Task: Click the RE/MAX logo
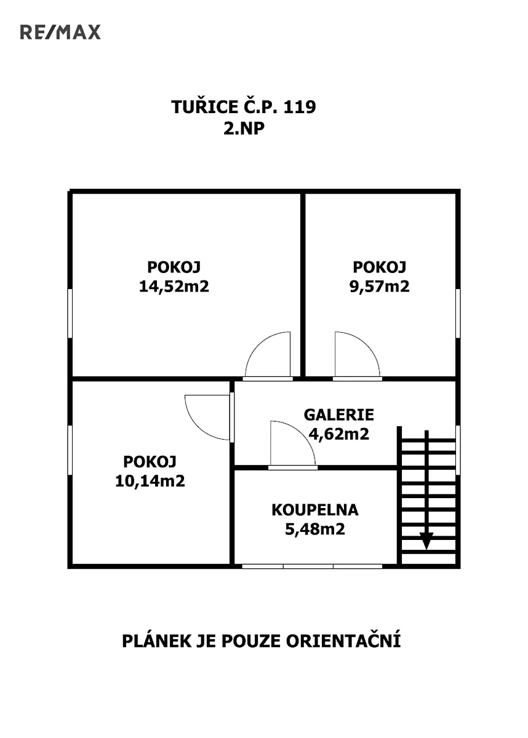tap(60, 32)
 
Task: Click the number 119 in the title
tap(299, 107)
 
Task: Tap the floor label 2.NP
tap(244, 128)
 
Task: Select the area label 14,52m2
tap(174, 286)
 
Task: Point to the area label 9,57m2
tap(379, 286)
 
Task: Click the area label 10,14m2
tap(150, 481)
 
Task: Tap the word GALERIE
tap(339, 415)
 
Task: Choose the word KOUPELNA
tap(315, 510)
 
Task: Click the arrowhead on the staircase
tap(426, 541)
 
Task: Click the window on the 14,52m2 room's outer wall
tap(70, 313)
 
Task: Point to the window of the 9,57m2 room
tap(458, 313)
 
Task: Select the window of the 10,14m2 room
tap(70, 450)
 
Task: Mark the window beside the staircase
tap(458, 450)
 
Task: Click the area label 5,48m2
tap(315, 529)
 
